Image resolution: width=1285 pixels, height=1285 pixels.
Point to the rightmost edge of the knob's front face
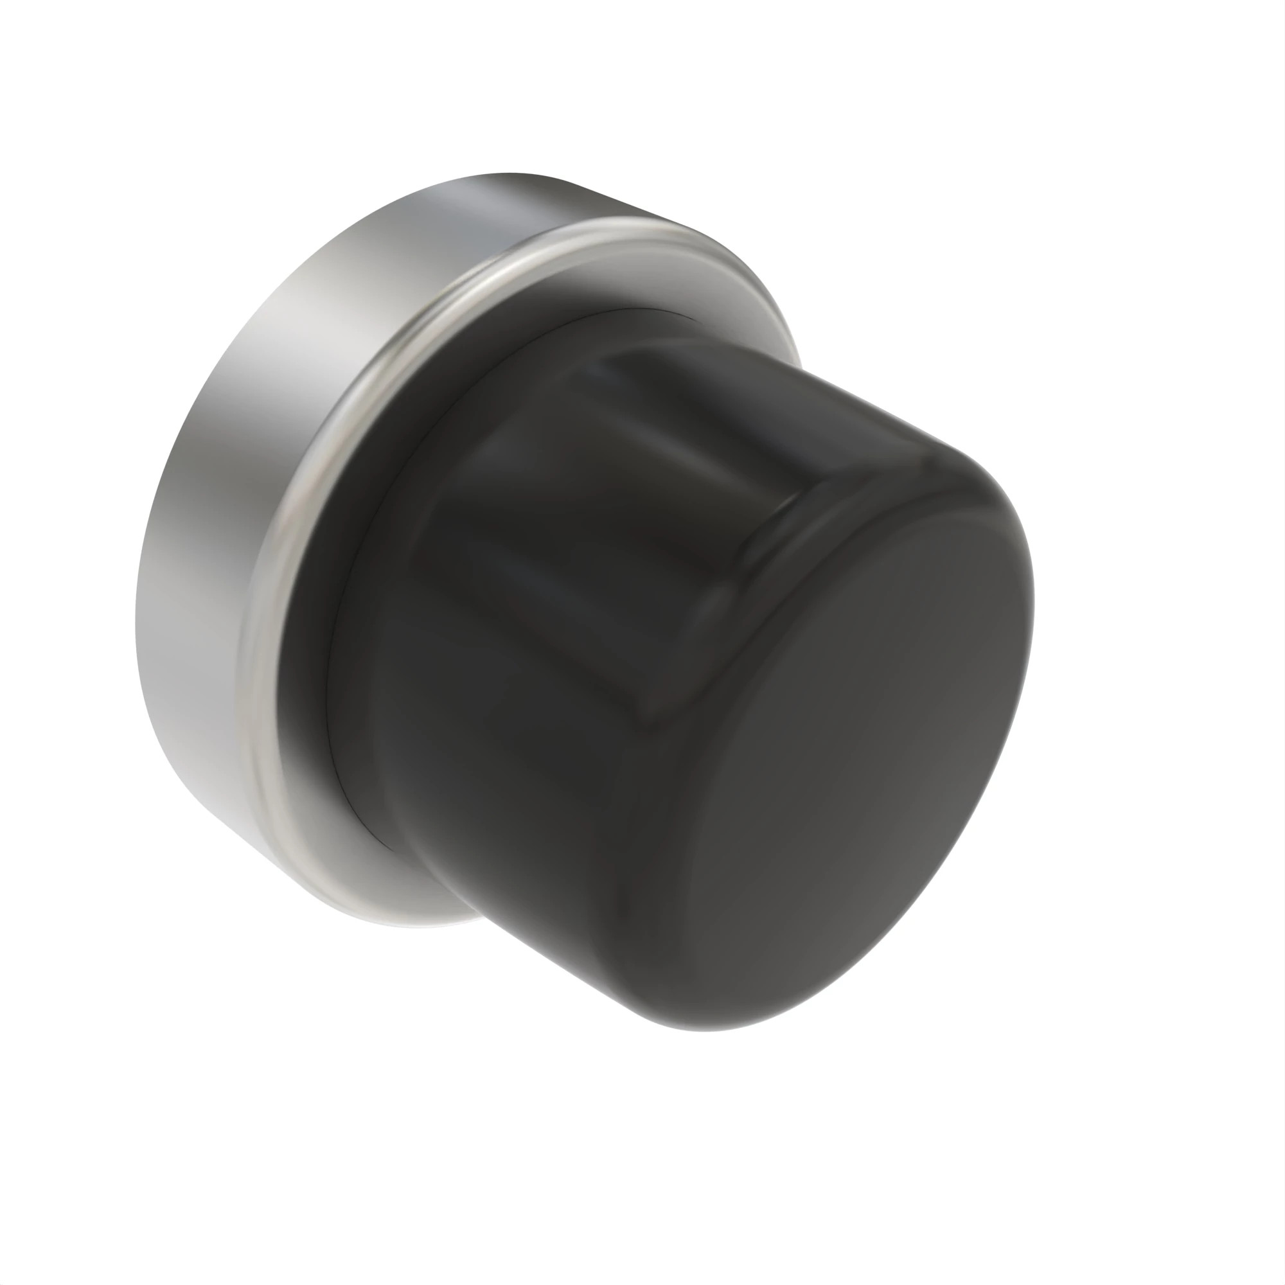pyautogui.click(x=1034, y=599)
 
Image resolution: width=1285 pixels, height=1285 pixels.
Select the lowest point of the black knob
pyautogui.click(x=705, y=1031)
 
